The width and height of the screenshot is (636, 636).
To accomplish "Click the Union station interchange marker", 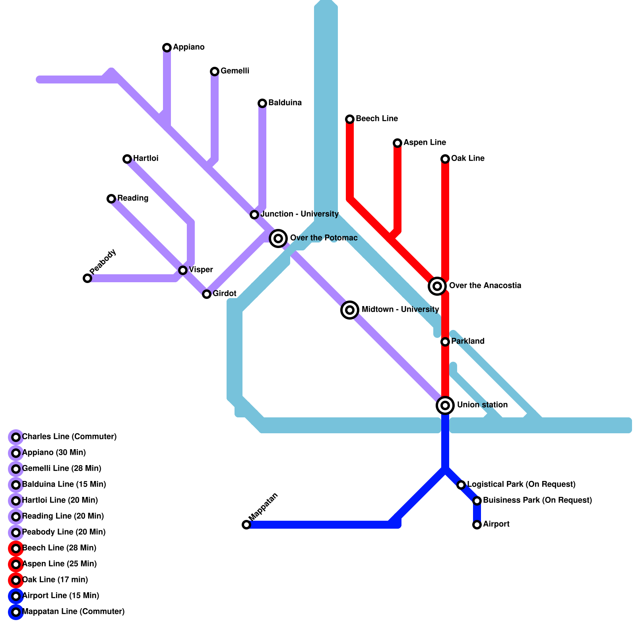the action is (x=445, y=405).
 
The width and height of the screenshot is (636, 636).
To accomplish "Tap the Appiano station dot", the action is (x=167, y=48).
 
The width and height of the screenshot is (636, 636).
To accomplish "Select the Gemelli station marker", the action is (x=215, y=72).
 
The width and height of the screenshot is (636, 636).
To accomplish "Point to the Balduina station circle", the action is (x=262, y=103).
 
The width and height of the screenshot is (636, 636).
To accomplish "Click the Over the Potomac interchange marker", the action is (x=278, y=238).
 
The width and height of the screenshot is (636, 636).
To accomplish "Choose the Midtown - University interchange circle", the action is (x=350, y=310).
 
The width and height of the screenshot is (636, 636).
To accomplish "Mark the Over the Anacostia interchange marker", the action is (x=437, y=286).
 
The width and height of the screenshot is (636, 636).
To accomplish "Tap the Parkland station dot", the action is (x=445, y=342).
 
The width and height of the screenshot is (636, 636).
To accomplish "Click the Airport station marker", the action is (x=477, y=525).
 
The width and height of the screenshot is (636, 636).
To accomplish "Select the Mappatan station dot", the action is (x=246, y=525).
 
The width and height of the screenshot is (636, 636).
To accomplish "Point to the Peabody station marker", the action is (x=87, y=278).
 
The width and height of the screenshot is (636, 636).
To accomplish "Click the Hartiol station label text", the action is (x=145, y=159).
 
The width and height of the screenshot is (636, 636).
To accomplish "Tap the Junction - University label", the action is (x=300, y=214).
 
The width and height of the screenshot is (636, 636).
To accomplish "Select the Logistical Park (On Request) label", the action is (x=521, y=485).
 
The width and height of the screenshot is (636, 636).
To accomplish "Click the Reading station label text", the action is (x=133, y=198).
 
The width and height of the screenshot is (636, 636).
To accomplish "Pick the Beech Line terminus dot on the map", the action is (x=350, y=119).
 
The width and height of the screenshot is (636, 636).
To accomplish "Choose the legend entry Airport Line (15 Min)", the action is (x=61, y=596).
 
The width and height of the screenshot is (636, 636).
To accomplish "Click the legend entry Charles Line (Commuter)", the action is (x=69, y=437).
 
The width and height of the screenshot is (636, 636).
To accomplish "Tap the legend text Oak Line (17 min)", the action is (x=55, y=580).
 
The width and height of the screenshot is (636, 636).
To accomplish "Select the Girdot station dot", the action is (x=207, y=294).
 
